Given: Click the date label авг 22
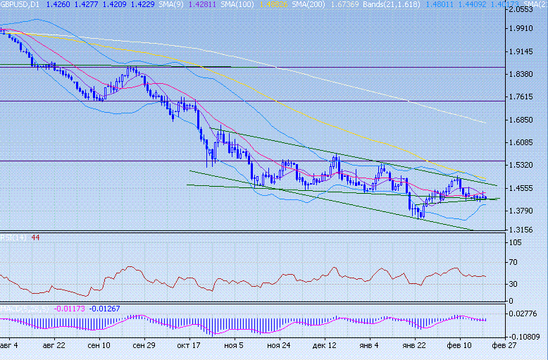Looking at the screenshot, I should pyautogui.click(x=54, y=346).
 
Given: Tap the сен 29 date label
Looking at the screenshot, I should pyautogui.click(x=144, y=346).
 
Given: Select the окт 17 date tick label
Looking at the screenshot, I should pyautogui.click(x=189, y=346).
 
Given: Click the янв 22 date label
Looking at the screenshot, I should pyautogui.click(x=413, y=346).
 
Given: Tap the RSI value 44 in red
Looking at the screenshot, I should pyautogui.click(x=35, y=237).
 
